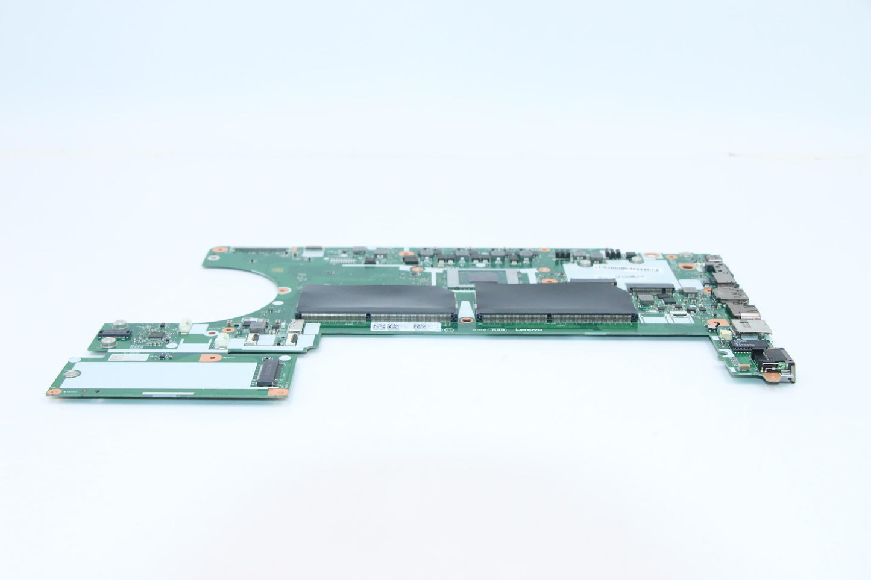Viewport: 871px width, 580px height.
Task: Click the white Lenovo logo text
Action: coord(529,330)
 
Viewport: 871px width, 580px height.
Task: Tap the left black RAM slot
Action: coord(376,303)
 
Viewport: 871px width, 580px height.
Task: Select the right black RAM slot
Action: coord(556,302)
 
